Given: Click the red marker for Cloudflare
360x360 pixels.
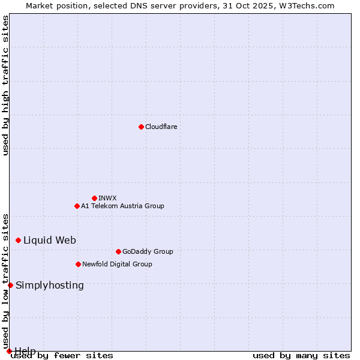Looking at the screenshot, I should tap(141, 127).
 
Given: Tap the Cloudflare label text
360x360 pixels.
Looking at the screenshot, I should tap(161, 127).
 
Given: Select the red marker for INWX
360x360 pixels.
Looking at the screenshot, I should tap(94, 198).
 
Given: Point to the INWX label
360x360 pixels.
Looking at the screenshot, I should tap(107, 198).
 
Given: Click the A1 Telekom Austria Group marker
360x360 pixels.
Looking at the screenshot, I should tap(77, 206).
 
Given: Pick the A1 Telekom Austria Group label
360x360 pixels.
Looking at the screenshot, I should tap(122, 206).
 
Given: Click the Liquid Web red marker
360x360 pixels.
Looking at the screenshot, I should tap(18, 240).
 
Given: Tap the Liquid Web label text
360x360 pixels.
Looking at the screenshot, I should tap(50, 240).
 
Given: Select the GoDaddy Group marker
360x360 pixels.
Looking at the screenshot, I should tap(118, 251).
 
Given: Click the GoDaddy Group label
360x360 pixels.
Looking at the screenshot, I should tap(148, 251).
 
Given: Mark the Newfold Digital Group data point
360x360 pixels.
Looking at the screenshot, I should tap(78, 264).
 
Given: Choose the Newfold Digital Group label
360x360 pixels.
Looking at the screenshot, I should tap(117, 264).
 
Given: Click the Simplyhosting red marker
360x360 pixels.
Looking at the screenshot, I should tap(10, 285).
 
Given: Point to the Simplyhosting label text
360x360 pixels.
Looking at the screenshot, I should tap(50, 285).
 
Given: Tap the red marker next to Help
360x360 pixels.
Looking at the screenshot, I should tap(9, 351).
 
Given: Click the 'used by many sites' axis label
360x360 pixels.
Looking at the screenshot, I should tap(301, 355).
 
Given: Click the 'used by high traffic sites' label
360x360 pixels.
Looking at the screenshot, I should tap(6, 85).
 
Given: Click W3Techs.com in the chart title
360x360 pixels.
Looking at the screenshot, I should tap(305, 5).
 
